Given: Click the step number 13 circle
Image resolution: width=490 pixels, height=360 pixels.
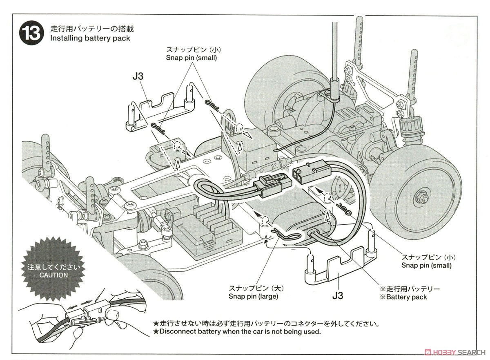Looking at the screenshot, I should [31, 33].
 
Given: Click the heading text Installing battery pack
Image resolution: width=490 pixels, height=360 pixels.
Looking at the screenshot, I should [90, 38].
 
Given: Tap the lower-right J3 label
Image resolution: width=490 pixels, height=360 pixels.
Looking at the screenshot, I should [337, 295].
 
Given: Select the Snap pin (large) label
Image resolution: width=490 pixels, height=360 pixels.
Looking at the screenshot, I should [253, 296].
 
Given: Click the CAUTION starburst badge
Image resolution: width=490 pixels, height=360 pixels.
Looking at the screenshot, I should [53, 271].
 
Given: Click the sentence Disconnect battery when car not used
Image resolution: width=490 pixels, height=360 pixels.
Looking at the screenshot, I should [237, 332].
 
